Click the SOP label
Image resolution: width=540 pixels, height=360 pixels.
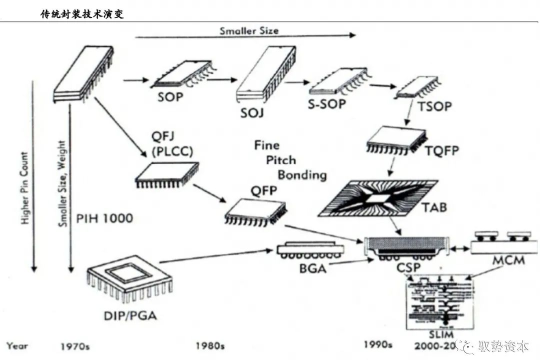[x=170, y=96]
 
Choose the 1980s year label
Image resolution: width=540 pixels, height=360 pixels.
[x=210, y=345]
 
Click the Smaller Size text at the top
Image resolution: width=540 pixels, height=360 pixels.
[x=249, y=30]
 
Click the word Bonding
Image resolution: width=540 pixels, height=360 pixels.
[x=302, y=174]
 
